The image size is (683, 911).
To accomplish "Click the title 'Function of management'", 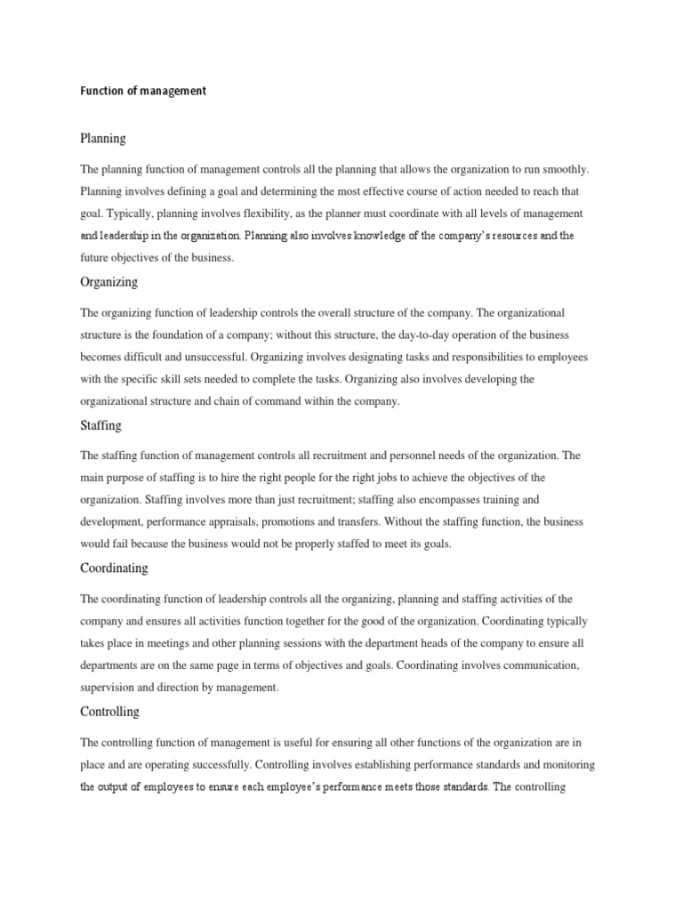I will click(x=143, y=91).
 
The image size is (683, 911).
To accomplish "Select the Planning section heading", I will click(x=103, y=139).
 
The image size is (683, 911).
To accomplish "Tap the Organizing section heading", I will click(x=108, y=282).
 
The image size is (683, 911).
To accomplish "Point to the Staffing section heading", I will click(x=100, y=425).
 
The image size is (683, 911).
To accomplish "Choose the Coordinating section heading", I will click(x=114, y=568).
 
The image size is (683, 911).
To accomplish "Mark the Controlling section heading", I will click(x=109, y=712).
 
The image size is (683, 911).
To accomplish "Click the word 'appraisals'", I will click(x=271, y=521).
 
